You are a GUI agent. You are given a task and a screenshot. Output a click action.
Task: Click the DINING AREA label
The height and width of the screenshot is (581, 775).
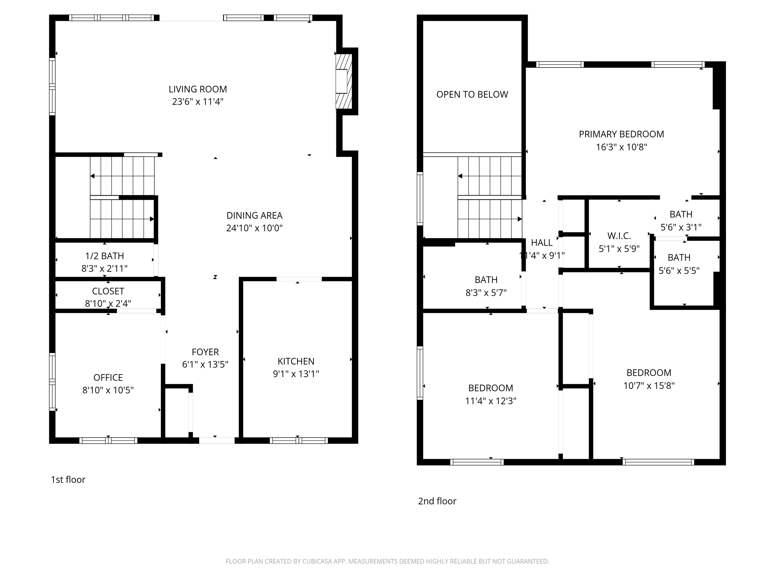point(254,215)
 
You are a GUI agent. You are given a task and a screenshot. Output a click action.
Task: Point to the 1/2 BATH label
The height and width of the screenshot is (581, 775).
point(104,256)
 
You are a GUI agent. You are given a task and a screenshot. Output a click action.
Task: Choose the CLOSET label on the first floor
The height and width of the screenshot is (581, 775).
point(108,291)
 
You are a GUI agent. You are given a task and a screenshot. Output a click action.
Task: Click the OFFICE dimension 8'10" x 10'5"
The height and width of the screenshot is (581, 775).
point(108,390)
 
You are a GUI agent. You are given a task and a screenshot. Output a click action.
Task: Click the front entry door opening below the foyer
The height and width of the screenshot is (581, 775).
point(216,440)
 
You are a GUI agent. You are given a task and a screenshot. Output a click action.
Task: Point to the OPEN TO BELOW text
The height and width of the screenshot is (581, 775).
point(472,95)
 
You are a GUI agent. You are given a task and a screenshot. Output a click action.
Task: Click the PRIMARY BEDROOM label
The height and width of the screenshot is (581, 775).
point(621,134)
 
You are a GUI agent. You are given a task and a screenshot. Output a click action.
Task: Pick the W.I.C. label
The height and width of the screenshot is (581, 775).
point(619,236)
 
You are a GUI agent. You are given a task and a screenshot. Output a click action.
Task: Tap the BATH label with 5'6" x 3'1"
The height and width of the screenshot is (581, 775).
point(681,214)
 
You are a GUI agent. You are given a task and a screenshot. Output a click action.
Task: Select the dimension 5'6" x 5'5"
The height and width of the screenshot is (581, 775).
point(679,271)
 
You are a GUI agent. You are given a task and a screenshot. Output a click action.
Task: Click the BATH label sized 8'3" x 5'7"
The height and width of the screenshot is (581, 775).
point(486,280)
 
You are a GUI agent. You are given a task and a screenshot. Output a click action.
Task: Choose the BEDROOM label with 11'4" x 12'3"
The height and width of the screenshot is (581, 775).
point(490,388)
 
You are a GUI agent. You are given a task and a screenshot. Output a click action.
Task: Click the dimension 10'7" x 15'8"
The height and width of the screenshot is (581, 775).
point(649,386)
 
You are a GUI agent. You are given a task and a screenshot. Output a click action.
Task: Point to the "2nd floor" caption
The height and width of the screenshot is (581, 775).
point(437,501)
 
